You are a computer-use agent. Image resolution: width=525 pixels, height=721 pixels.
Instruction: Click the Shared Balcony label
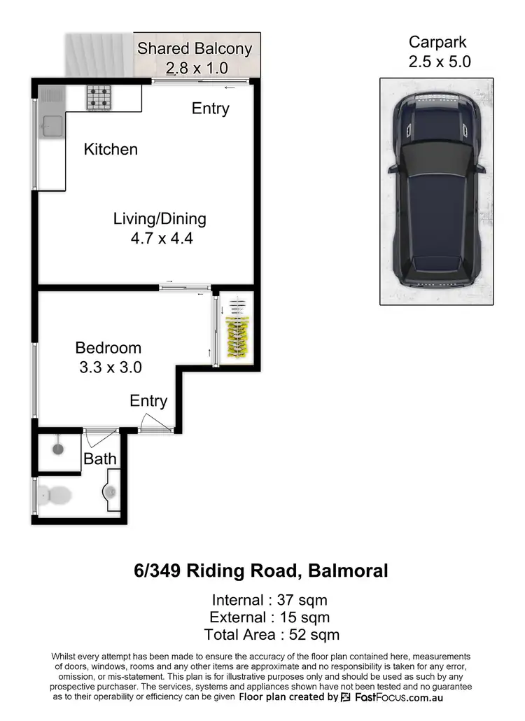point(195,48)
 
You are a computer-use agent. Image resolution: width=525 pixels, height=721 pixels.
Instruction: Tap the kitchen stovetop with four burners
point(99,97)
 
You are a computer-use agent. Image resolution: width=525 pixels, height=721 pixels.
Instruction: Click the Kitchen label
point(111,149)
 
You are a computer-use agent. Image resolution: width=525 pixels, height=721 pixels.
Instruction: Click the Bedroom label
point(108,348)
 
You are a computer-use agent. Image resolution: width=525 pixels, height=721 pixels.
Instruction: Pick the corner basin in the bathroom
point(111,491)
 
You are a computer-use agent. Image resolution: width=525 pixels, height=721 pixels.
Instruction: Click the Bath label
point(99,460)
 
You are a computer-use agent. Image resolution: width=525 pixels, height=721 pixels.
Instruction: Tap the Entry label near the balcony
point(211,108)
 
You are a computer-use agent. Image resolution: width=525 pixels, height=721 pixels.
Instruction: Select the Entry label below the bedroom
point(148,401)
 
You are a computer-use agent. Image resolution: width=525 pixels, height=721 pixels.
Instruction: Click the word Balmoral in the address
point(348,570)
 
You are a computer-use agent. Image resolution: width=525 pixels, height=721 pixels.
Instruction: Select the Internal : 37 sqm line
point(269,600)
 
